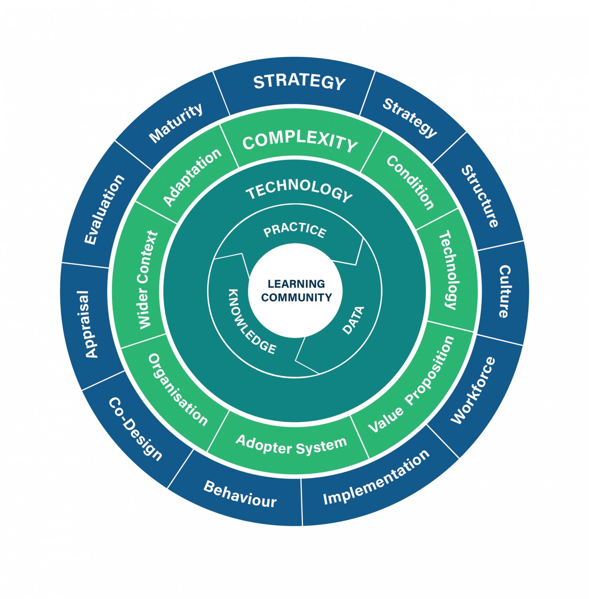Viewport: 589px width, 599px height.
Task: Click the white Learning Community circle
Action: [x=295, y=291]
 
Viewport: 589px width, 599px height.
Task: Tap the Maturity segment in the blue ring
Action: [x=176, y=122]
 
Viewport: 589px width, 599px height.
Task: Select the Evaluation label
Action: [x=104, y=209]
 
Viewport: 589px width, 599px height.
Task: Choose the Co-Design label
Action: [x=135, y=429]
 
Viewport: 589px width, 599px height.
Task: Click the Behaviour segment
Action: [x=240, y=494]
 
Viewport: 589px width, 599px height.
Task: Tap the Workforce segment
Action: [x=473, y=390]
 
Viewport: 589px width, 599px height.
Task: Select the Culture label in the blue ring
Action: [x=504, y=291]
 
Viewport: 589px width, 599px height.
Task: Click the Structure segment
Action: [x=480, y=196]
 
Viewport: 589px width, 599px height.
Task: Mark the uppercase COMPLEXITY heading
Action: [x=299, y=142]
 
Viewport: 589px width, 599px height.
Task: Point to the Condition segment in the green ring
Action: [x=410, y=183]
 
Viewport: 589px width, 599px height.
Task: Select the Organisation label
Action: [x=178, y=389]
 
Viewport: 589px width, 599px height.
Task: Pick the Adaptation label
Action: [x=192, y=177]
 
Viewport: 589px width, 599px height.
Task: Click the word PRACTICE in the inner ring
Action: [x=295, y=230]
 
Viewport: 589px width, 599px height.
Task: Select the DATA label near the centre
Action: [x=353, y=320]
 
